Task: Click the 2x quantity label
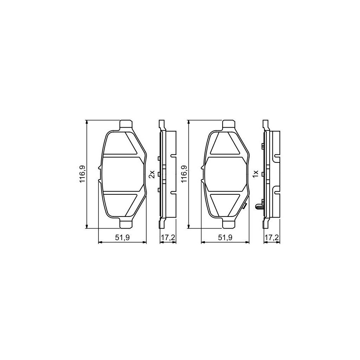[x=152, y=174]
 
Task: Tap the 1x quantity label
[x=256, y=174]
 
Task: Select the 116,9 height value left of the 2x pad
[x=82, y=174]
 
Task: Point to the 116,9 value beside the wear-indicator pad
[x=184, y=174]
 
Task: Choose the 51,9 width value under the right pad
[x=225, y=238]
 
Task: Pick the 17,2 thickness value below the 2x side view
[x=168, y=238]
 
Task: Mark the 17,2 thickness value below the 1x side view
[x=271, y=238]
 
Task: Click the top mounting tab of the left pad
[x=127, y=125]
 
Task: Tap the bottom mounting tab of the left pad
[x=127, y=223]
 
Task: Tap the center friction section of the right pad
[x=225, y=174]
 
